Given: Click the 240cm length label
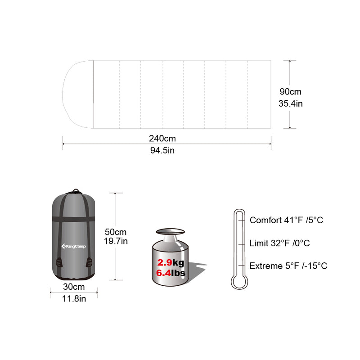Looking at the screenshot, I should [x=162, y=138].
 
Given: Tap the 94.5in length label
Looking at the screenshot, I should [x=162, y=150].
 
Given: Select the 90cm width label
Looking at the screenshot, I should [x=290, y=92].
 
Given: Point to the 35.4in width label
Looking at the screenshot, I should [x=290, y=103].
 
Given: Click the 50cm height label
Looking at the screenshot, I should [x=116, y=232].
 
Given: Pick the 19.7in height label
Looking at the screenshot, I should [x=116, y=241].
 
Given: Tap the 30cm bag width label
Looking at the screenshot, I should [x=74, y=287].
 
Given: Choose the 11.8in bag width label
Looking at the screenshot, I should [x=74, y=298].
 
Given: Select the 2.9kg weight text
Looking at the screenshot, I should [x=171, y=262].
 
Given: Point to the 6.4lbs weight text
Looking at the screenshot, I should [x=171, y=273].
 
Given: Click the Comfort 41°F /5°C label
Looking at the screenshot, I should [x=286, y=220].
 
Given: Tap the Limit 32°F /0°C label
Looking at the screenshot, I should [x=279, y=243].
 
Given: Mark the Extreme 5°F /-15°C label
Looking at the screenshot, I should [x=288, y=265].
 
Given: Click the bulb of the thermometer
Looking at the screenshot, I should [x=238, y=282].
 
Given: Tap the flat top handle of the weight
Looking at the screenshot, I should [x=170, y=232].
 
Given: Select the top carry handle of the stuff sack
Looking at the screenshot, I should [x=75, y=191].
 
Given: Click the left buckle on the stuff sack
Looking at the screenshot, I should [x=58, y=262].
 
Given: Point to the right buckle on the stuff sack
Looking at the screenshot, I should [x=89, y=262].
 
